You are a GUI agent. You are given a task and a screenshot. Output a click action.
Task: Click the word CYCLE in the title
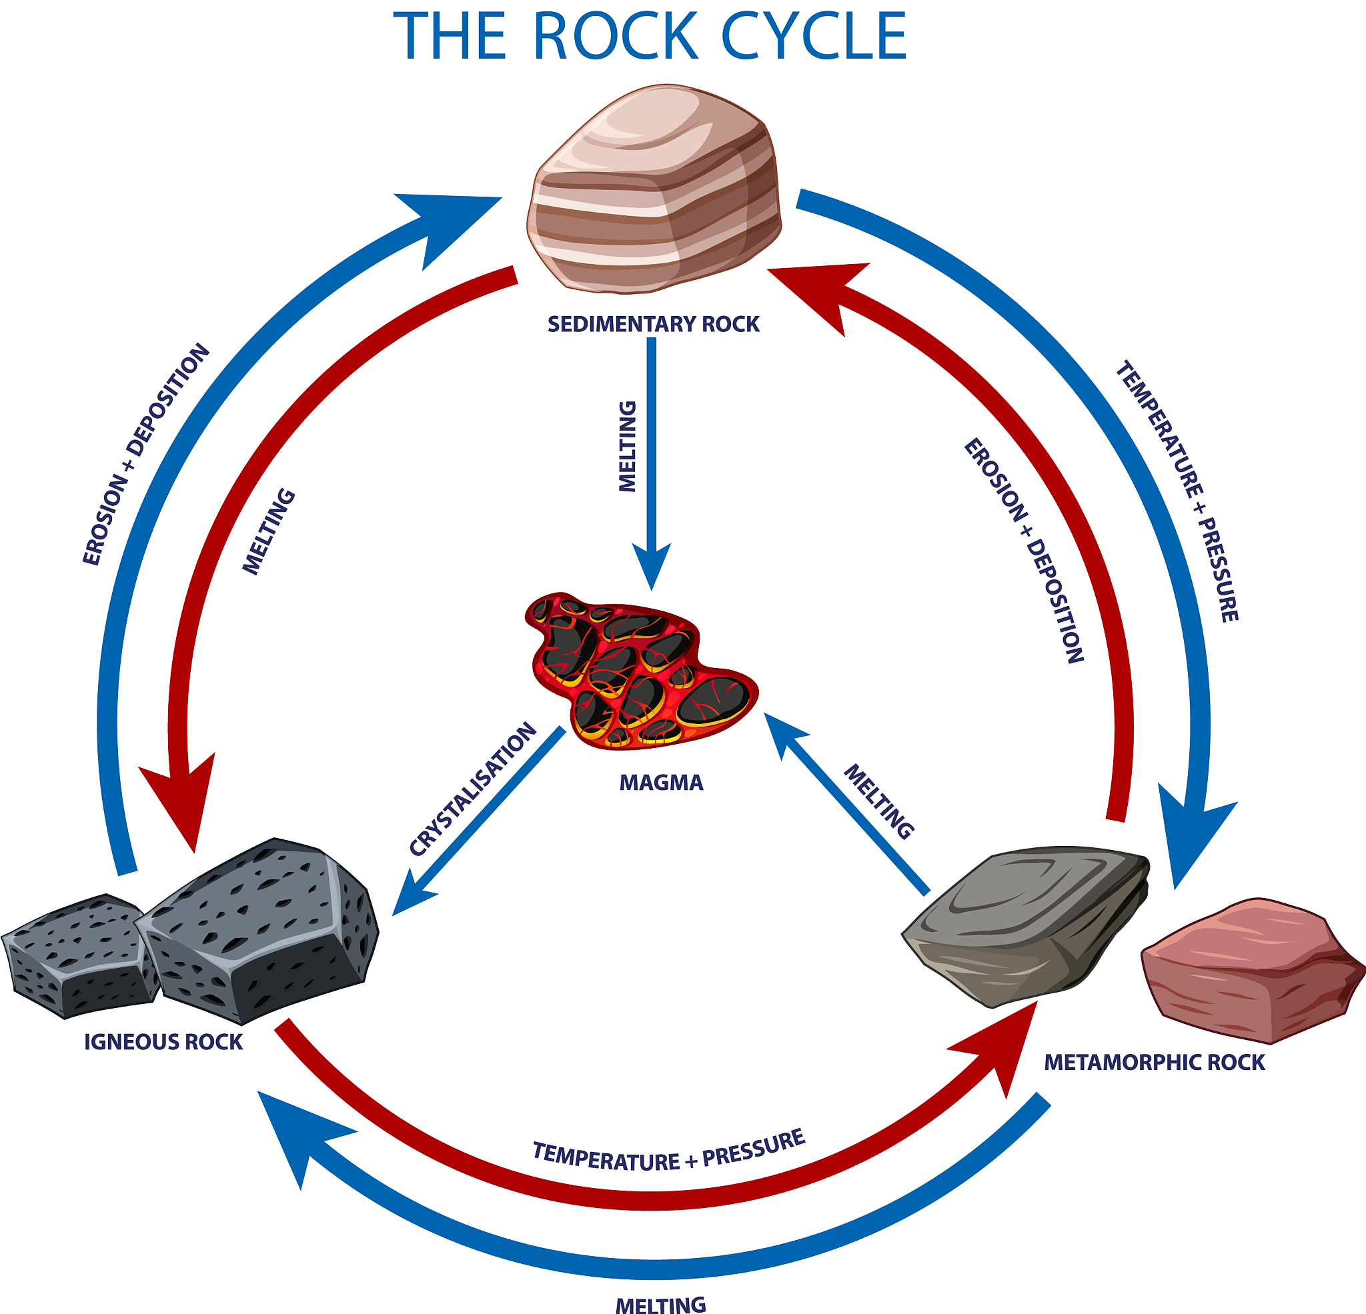[813, 36]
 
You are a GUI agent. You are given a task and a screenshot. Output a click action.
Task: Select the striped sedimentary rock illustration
[654, 189]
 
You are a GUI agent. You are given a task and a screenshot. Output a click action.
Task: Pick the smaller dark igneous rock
[80, 955]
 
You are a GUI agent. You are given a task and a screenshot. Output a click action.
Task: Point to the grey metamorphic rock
[1024, 926]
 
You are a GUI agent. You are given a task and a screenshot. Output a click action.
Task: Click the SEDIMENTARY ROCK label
[653, 325]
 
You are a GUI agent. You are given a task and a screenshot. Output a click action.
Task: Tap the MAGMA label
[662, 783]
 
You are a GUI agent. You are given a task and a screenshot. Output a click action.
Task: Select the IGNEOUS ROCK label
[163, 1042]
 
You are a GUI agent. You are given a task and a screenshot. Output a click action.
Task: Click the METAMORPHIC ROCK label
[1154, 1063]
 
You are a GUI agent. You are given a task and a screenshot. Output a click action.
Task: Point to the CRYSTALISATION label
[473, 789]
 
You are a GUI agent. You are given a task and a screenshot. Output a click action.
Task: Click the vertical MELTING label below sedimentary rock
[628, 447]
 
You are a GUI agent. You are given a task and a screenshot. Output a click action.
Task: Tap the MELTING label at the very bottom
[661, 1304]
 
